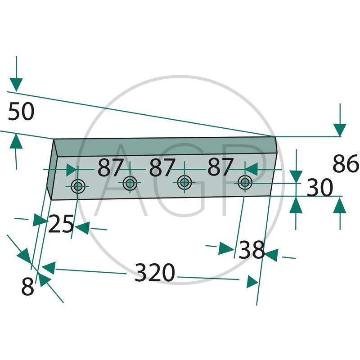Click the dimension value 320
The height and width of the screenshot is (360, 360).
pyautogui.click(x=155, y=273)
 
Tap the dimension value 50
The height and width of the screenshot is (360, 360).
pyautogui.click(x=21, y=111)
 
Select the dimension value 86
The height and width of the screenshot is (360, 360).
pyautogui.click(x=346, y=163)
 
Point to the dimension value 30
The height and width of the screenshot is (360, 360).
pyautogui.click(x=319, y=187)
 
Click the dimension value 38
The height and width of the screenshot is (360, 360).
pyautogui.click(x=252, y=250)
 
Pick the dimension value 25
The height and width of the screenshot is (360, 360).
pyautogui.click(x=61, y=224)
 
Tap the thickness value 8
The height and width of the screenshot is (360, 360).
pyautogui.click(x=27, y=286)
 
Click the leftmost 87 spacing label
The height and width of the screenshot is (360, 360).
pyautogui.click(x=110, y=167)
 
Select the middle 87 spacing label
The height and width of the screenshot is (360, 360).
pyautogui.click(x=162, y=167)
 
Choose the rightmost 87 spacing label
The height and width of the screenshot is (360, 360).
pyautogui.click(x=220, y=166)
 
